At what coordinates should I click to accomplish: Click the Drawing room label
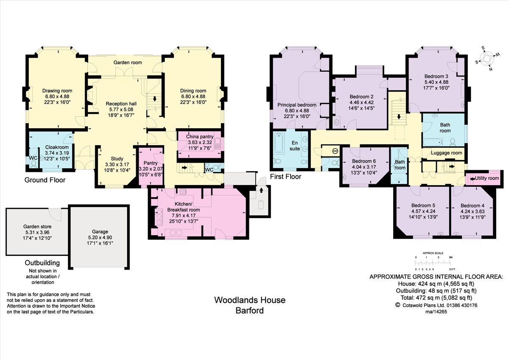[57, 91]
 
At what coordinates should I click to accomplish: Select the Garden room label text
[128, 62]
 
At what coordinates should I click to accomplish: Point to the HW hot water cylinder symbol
[335, 151]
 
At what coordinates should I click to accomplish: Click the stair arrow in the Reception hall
[155, 98]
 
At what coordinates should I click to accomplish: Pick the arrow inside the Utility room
[472, 179]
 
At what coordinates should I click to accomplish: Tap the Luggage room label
[446, 153]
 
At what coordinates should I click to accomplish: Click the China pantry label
[200, 137]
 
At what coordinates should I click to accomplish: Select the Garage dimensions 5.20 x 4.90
[100, 237]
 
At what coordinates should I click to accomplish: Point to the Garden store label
[37, 227]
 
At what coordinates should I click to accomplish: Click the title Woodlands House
[250, 300]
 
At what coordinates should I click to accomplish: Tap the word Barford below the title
[250, 310]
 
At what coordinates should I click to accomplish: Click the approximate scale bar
[433, 263]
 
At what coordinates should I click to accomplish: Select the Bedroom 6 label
[364, 161]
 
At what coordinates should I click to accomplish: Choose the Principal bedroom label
[297, 105]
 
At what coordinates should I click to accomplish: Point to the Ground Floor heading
[45, 180]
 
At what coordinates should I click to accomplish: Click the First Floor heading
[285, 177]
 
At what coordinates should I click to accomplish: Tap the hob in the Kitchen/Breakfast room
[182, 192]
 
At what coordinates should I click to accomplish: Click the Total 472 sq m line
[436, 298]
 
